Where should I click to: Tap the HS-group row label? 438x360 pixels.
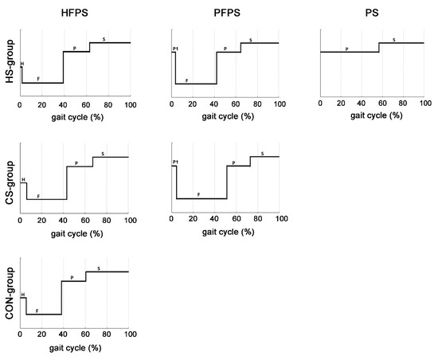click(9, 63)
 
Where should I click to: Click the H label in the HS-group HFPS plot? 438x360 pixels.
click(22, 63)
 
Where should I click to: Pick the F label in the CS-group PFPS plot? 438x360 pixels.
click(198, 194)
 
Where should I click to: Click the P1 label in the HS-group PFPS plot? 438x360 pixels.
click(174, 49)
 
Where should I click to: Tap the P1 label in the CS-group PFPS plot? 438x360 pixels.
click(174, 163)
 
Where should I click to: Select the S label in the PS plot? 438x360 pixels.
click(393, 39)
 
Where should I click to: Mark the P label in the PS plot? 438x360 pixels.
click(346, 49)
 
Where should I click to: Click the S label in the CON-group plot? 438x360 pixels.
click(98, 268)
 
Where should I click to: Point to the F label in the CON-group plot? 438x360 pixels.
click(37, 311)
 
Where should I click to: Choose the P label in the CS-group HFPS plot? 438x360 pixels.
click(76, 163)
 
